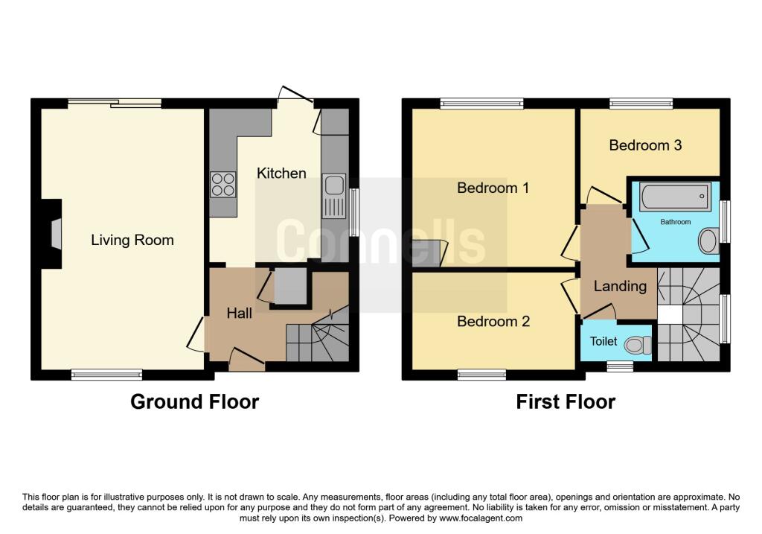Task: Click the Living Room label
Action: (132, 240)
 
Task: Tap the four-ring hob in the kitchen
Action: (223, 184)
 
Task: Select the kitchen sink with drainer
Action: (334, 196)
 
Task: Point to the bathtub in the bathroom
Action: (674, 197)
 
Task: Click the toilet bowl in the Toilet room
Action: (638, 345)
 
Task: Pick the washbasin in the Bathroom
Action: (708, 241)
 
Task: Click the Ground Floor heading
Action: (194, 401)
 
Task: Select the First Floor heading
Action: (566, 401)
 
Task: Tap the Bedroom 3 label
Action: (645, 145)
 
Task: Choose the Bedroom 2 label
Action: (493, 321)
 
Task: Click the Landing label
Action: (620, 286)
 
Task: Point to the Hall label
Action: (239, 313)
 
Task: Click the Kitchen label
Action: (281, 173)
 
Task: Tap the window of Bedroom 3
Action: (641, 103)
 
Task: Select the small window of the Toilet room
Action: (620, 366)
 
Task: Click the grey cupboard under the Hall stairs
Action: (290, 286)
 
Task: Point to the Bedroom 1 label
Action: (493, 188)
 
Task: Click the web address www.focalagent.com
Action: (481, 518)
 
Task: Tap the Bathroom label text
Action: (676, 222)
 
